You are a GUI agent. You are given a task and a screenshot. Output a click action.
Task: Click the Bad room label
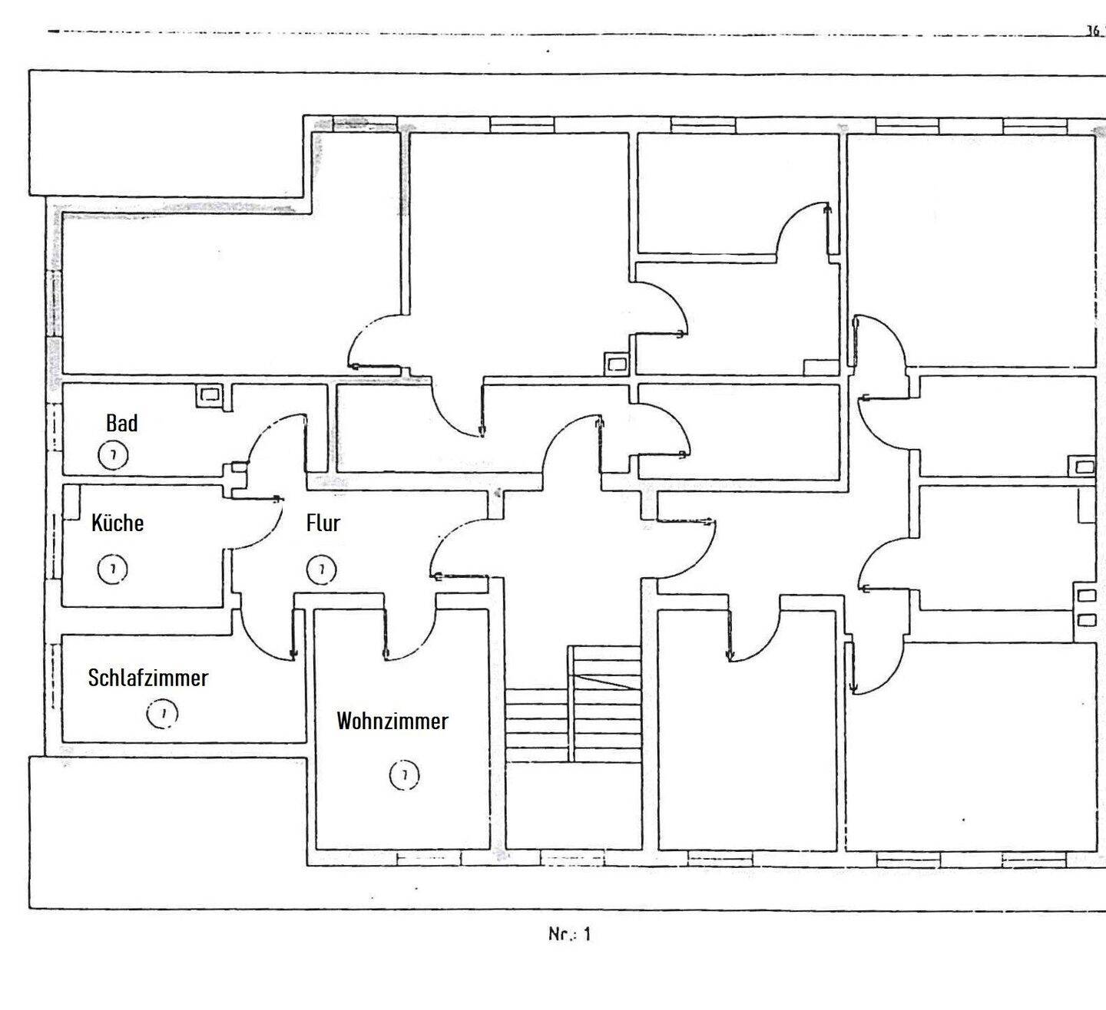[122, 423]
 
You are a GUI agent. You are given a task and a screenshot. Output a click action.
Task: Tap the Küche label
[118, 523]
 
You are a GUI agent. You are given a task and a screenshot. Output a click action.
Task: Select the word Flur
[323, 523]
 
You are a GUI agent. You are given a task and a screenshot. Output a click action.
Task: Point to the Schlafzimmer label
[148, 678]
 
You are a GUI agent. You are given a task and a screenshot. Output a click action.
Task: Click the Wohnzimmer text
[392, 721]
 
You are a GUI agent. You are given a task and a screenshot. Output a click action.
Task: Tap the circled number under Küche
[113, 569]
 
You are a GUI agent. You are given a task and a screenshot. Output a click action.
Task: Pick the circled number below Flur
[321, 569]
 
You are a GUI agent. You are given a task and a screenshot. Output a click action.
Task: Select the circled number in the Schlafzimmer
[162, 714]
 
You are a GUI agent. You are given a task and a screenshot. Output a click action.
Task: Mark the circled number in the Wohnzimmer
[404, 775]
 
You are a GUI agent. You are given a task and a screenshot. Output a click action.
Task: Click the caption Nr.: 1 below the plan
[570, 935]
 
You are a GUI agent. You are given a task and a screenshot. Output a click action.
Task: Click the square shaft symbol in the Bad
[209, 395]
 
